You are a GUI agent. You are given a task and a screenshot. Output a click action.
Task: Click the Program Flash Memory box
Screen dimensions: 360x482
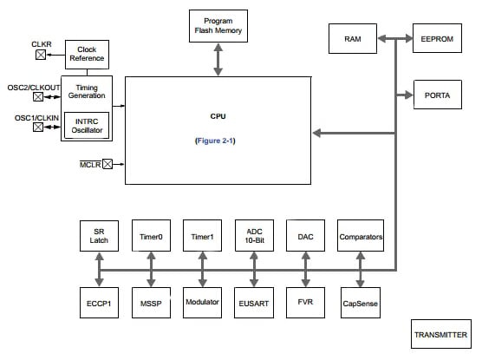[x=218, y=27]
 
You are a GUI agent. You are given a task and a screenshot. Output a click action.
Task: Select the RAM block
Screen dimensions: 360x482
[x=353, y=38]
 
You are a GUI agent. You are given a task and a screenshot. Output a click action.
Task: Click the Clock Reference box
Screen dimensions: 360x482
[x=87, y=55]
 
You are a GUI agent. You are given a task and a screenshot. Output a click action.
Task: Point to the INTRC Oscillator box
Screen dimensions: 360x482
[x=87, y=126]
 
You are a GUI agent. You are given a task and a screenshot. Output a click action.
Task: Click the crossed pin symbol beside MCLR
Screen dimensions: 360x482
[x=108, y=163]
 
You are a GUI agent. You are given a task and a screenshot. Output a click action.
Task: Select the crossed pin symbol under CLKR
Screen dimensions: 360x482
[x=39, y=55]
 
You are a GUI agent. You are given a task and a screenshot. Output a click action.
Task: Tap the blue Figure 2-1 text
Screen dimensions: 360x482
[x=218, y=139]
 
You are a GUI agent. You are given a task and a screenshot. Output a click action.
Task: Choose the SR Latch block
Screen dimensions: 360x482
[x=99, y=236]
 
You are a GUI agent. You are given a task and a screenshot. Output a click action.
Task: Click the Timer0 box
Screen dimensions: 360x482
[x=150, y=236]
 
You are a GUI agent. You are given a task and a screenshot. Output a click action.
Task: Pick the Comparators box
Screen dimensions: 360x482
[x=360, y=236]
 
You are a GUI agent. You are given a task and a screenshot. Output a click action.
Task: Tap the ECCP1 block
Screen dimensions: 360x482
[x=99, y=302]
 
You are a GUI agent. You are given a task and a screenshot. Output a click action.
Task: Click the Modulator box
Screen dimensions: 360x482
[x=202, y=302]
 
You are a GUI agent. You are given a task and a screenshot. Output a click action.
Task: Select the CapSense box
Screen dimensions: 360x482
[x=360, y=302]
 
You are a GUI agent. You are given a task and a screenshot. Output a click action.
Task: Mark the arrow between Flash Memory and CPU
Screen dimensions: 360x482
[x=218, y=60]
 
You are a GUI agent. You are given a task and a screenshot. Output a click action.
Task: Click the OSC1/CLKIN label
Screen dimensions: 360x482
[x=36, y=117]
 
